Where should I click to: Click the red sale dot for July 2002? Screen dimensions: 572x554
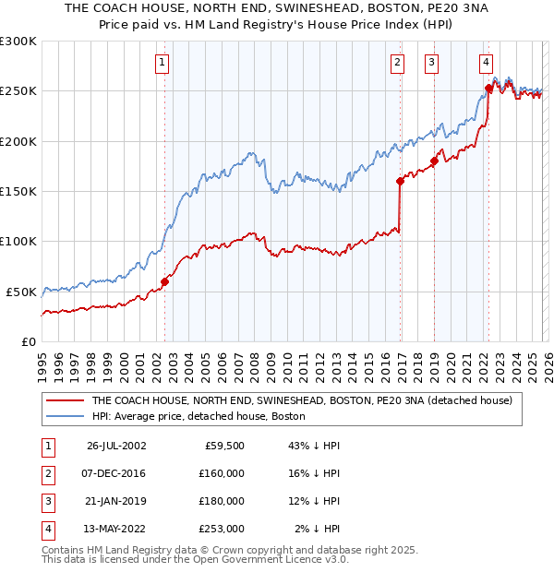(165, 281)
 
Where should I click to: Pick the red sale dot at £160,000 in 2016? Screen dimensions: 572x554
(400, 181)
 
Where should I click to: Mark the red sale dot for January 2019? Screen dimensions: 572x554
(434, 161)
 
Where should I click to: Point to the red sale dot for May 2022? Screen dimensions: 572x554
(488, 89)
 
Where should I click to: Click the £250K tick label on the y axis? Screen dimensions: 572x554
(18, 91)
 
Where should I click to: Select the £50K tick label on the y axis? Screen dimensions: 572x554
(21, 292)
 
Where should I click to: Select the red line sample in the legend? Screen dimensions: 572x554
(65, 401)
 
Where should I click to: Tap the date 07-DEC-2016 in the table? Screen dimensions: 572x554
(116, 473)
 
